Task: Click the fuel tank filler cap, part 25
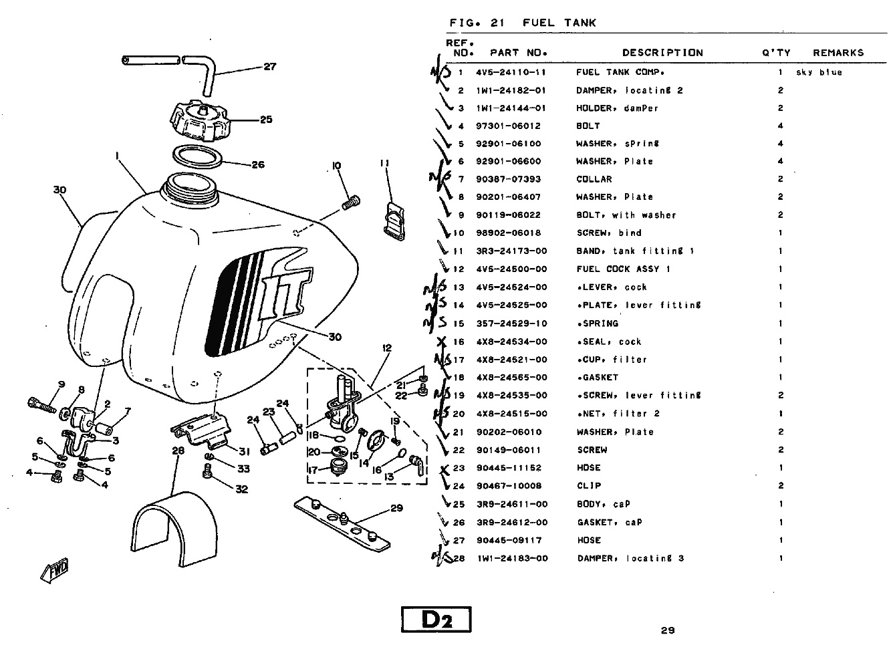tap(200, 120)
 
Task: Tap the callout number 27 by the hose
tap(269, 67)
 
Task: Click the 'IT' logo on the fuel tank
tap(285, 293)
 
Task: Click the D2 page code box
tap(436, 619)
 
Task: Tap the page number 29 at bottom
tap(667, 630)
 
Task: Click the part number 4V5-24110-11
tap(511, 72)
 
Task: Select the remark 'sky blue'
tap(819, 72)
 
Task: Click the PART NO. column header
tap(519, 53)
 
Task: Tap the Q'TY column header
tap(776, 53)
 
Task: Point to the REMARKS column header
tap(838, 53)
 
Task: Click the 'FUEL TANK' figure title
tap(559, 23)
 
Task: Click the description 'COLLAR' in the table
tap(594, 179)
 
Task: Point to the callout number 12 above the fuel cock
tap(387, 348)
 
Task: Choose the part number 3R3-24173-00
tap(511, 251)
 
